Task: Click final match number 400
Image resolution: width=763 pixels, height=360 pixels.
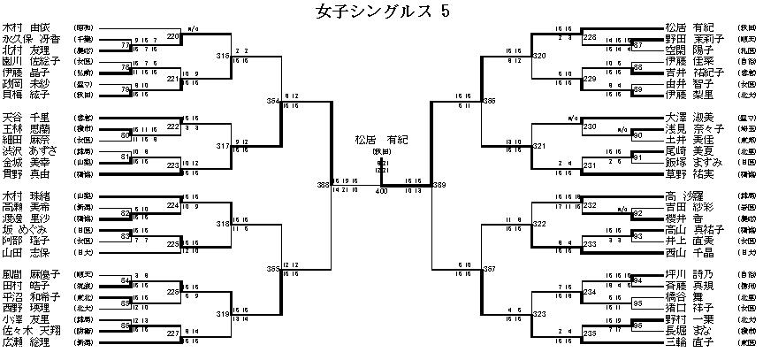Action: (381, 191)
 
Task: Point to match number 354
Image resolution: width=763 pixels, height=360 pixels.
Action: (272, 103)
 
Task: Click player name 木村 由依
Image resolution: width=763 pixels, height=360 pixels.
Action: (26, 27)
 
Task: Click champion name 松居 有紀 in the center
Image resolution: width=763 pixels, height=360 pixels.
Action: (381, 139)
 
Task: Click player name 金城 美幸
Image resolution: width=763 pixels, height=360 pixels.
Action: (26, 164)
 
